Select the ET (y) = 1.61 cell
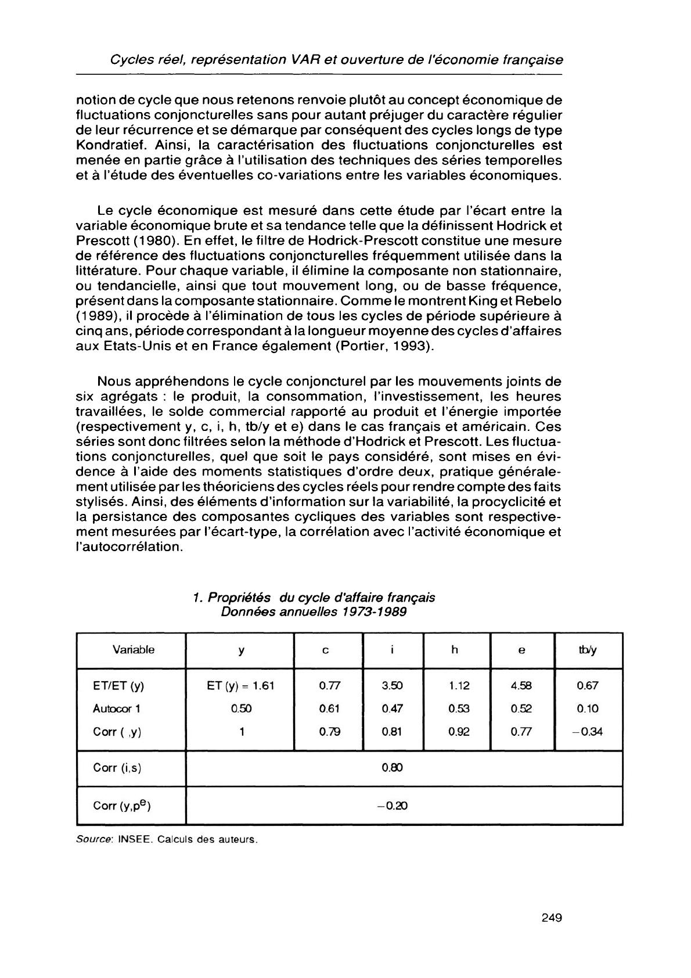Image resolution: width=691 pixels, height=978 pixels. [240, 685]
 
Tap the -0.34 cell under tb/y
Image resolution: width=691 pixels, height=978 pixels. [588, 732]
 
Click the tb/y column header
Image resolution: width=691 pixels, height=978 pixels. [588, 650]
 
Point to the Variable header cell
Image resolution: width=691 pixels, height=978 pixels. [134, 650]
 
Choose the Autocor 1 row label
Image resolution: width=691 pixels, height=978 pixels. [117, 709]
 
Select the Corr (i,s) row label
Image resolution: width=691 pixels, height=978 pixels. [117, 768]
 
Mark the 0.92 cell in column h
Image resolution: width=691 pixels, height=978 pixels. [459, 732]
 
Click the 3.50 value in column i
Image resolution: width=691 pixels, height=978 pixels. [393, 685]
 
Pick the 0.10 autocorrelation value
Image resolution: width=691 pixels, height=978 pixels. [588, 709]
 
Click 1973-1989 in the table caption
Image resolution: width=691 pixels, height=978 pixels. [374, 612]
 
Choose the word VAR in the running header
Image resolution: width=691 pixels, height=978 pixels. [307, 60]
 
